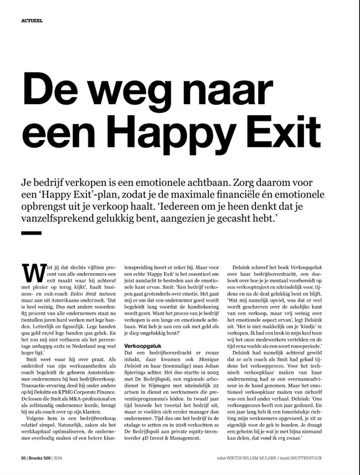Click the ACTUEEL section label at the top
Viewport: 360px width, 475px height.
point(32,20)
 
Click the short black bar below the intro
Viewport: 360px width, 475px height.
point(31,233)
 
